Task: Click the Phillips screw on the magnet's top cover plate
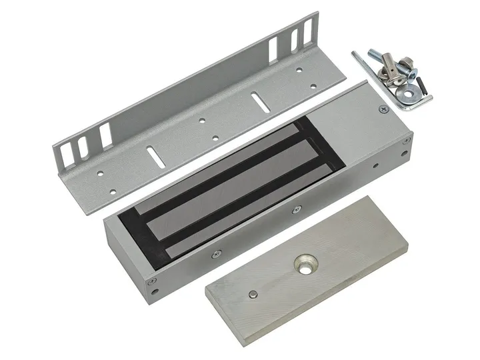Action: (x=382, y=108)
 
